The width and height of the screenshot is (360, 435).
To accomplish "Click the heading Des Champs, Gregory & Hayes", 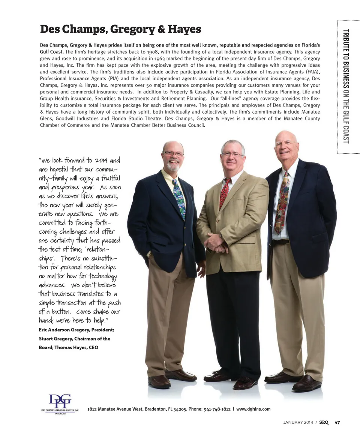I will [x=120, y=29].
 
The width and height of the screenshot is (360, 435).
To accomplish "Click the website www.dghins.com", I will [x=253, y=409].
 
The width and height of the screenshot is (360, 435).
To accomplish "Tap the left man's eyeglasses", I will [x=174, y=154].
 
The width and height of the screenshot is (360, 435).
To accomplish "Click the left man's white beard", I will [x=173, y=166].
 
